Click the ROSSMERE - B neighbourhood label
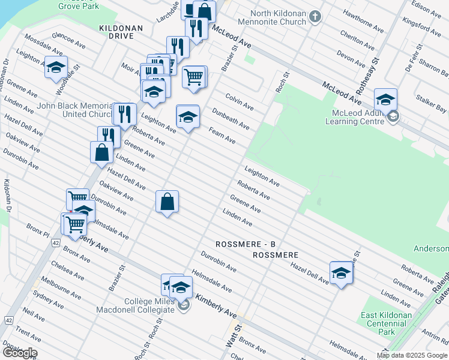(x=246, y=244)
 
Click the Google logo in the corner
(x=19, y=353)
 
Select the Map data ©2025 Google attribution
(x=412, y=355)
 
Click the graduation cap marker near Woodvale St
(x=56, y=70)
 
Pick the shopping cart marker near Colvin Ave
(x=194, y=77)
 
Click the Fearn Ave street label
(x=221, y=135)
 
